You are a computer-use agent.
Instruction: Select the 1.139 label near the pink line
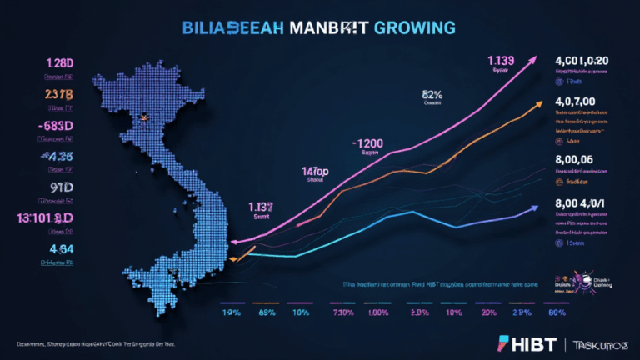500,59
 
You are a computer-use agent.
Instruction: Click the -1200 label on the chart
367,143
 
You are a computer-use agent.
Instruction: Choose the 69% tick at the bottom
267,314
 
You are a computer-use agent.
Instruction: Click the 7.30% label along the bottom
343,314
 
